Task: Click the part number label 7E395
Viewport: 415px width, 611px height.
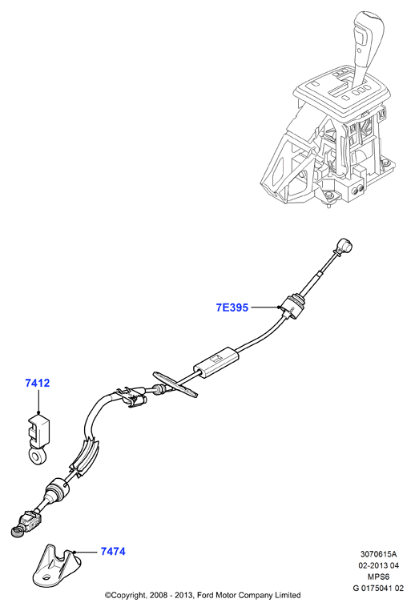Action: coord(232,308)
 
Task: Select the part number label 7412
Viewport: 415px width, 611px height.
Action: coord(38,383)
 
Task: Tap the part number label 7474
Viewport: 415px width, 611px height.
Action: coord(113,552)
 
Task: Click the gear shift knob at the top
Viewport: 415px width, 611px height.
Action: coord(369,31)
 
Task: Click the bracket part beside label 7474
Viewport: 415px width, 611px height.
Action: coord(54,565)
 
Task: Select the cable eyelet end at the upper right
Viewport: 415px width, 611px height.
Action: coord(344,246)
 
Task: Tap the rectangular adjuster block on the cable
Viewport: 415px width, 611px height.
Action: coord(216,361)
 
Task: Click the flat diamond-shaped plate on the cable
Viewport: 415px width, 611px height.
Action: coord(175,384)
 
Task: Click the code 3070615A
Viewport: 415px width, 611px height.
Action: coord(378,553)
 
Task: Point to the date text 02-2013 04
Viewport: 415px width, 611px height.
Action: coord(379,565)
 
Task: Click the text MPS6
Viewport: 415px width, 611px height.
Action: coord(378,577)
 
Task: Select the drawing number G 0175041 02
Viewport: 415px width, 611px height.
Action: coord(378,588)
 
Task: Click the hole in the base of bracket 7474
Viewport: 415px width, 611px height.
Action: coord(46,577)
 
